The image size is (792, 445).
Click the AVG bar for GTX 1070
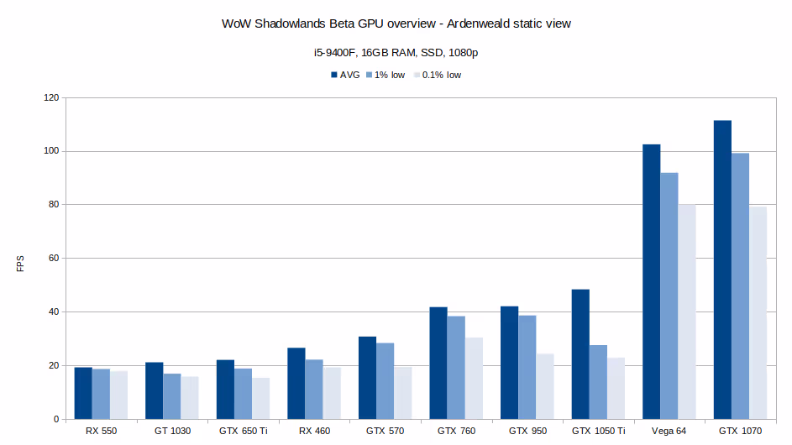point(722,270)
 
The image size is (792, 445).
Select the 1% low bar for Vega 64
point(669,296)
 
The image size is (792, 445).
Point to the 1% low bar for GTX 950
point(527,367)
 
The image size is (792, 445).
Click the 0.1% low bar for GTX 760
point(474,378)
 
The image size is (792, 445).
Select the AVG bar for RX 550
point(83,393)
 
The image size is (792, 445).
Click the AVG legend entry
point(344,75)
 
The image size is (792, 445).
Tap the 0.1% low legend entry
point(441,75)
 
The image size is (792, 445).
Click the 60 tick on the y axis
point(54,259)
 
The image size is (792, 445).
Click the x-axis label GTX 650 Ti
point(243,431)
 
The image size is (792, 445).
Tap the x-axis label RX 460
point(314,431)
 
